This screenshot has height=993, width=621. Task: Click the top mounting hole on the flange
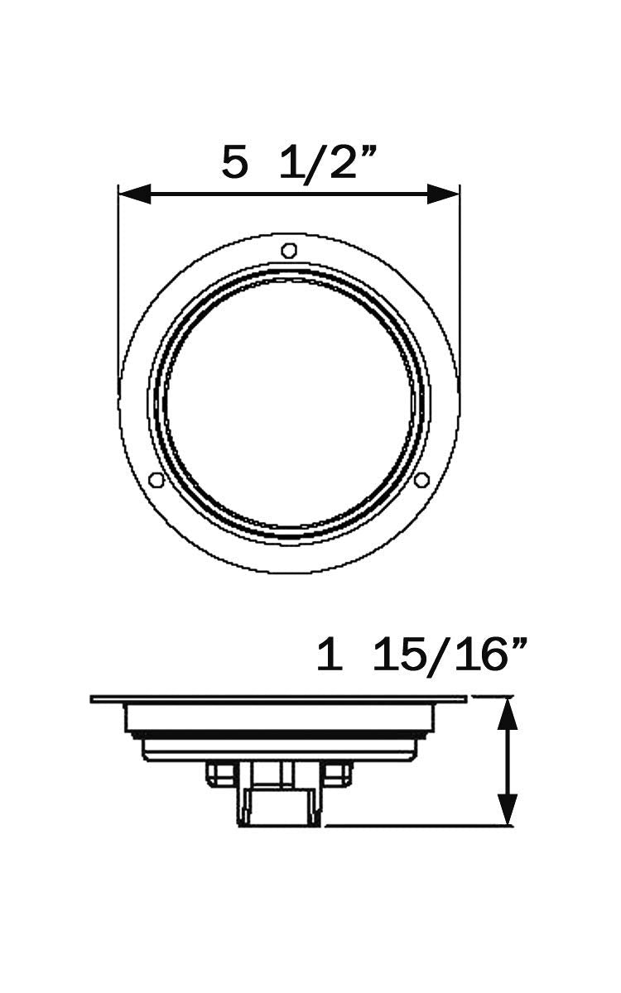point(289,250)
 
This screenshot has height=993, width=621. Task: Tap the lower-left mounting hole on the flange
point(156,479)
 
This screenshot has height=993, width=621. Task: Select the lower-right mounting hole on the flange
point(421,479)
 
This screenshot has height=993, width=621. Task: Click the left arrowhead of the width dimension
point(135,194)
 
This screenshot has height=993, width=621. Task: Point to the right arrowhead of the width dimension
point(443,194)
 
